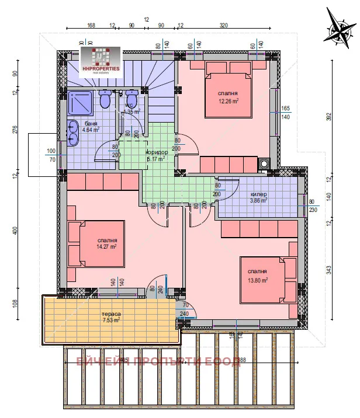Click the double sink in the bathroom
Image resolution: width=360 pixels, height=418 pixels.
pos(74,132)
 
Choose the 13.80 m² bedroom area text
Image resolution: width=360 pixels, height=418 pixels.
pos(257,276)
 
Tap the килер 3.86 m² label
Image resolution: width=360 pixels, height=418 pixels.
pos(258,196)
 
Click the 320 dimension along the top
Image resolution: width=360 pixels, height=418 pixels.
pos(224,25)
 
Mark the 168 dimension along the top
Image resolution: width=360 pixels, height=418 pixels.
pos(91,25)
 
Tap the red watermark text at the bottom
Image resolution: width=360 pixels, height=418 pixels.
pos(158,362)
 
